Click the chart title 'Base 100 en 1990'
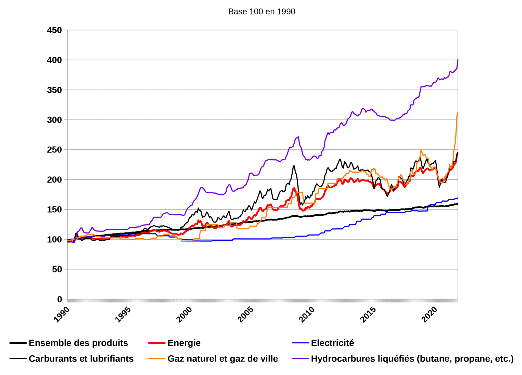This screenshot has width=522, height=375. pos(262,12)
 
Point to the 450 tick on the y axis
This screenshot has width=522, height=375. pos(54,30)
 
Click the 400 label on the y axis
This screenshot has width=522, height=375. pos(54,60)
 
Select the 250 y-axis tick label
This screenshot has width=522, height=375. pos(54,150)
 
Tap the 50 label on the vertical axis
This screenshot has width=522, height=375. pos(57,269)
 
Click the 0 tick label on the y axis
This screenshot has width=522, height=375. pos(60,299)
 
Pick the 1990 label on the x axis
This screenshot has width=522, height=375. pos(62,315)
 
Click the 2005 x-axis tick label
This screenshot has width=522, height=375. pos(245,315)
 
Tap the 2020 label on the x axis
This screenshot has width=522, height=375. pos(429,315)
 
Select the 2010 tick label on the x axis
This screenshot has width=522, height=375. pos(307,315)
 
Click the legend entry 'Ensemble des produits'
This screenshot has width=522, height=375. pos(78,343)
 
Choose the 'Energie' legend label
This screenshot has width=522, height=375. pos(184,343)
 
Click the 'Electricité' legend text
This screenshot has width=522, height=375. pos(332,343)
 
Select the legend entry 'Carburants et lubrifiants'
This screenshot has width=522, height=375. pos(81,359)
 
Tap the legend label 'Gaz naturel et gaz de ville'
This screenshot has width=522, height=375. pos(223,359)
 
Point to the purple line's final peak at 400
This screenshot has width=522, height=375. pos(458,60)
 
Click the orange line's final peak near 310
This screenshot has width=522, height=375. pos(458,113)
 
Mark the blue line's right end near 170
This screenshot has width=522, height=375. pos(458,198)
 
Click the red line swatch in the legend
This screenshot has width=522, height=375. pos(157,343)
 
